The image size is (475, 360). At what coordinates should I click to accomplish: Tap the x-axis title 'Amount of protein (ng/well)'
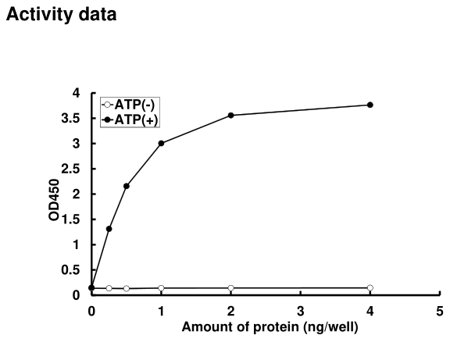point(270,326)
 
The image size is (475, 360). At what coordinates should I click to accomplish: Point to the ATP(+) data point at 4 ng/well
point(370,105)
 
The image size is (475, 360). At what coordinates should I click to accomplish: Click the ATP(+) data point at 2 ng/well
point(231,116)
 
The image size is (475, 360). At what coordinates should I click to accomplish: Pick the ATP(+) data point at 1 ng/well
point(161,143)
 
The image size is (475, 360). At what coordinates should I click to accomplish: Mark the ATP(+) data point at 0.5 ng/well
point(127,186)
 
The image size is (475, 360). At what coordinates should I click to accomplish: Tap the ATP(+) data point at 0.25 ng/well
point(109,229)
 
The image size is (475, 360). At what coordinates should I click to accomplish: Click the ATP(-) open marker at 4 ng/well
point(370,287)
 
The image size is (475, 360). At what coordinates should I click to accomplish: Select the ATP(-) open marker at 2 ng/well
point(231,288)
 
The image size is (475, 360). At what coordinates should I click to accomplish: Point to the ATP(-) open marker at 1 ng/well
point(161,288)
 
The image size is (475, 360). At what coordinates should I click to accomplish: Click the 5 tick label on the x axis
point(440,310)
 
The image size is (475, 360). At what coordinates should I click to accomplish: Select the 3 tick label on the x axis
point(301,310)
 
